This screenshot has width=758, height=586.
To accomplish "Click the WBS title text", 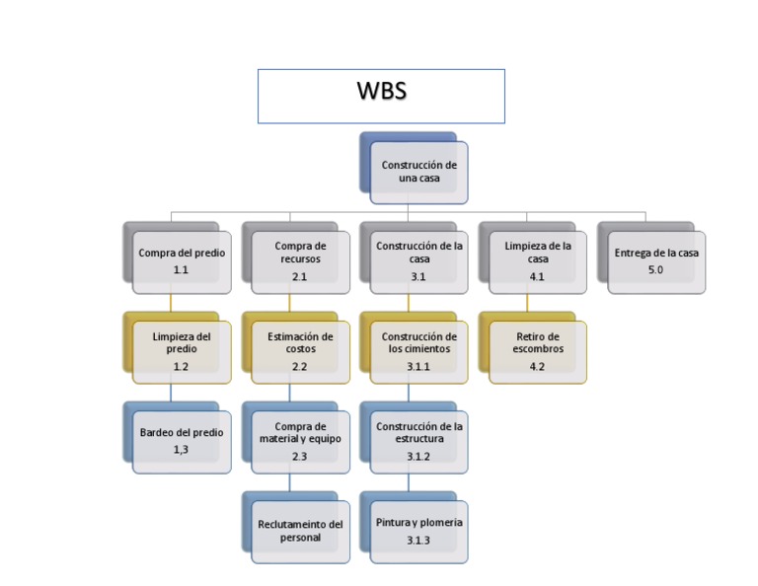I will point(381,92).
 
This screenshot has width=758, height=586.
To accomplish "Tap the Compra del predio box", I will point(182,260).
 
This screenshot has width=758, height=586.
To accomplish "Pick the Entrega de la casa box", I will point(656,260).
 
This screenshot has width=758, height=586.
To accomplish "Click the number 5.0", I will point(655,269).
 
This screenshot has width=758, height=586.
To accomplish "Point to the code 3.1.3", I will point(418,541).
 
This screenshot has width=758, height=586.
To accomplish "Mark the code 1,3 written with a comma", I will point(181,450).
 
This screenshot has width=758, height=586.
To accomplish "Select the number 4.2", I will point(537,367).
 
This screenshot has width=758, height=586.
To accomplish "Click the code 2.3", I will point(299,457).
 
